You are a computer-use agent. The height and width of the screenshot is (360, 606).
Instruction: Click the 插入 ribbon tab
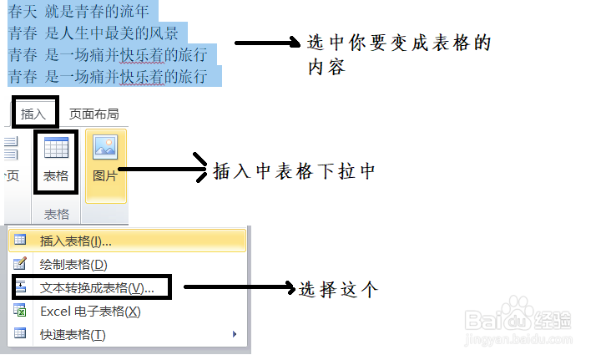pyautogui.click(x=34, y=114)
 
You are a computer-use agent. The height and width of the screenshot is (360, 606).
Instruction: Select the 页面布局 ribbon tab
pyautogui.click(x=93, y=114)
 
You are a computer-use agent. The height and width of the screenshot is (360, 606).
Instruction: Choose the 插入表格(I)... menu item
pyautogui.click(x=75, y=241)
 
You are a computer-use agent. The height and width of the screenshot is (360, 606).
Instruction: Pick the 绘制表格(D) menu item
pyautogui.click(x=73, y=265)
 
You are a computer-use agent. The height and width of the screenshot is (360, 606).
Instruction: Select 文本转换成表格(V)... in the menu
pyautogui.click(x=96, y=288)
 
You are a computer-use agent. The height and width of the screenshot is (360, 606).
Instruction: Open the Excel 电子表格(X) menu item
pyautogui.click(x=90, y=312)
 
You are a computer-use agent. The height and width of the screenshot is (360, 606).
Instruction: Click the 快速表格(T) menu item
pyautogui.click(x=73, y=335)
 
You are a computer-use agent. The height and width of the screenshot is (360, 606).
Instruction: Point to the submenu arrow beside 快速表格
pyautogui.click(x=234, y=335)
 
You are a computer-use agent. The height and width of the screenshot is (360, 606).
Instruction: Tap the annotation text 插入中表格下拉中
pyautogui.click(x=295, y=172)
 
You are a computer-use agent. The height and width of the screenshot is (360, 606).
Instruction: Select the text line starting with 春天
pyautogui.click(x=79, y=12)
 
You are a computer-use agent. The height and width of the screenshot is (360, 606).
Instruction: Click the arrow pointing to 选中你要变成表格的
pyautogui.click(x=268, y=43)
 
